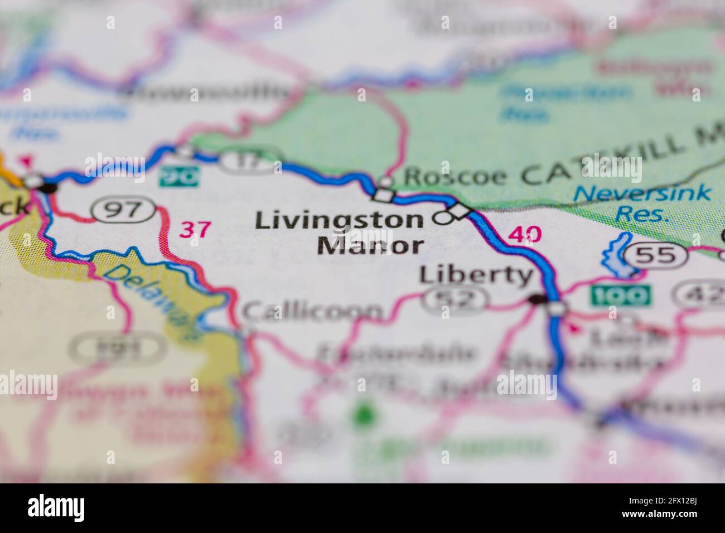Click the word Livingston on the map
click(339, 221)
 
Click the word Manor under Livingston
click(370, 245)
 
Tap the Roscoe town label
click(456, 177)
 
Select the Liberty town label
click(476, 275)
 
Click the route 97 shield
click(124, 211)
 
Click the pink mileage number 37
click(196, 229)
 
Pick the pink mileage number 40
click(525, 234)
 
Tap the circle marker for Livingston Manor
click(443, 219)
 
